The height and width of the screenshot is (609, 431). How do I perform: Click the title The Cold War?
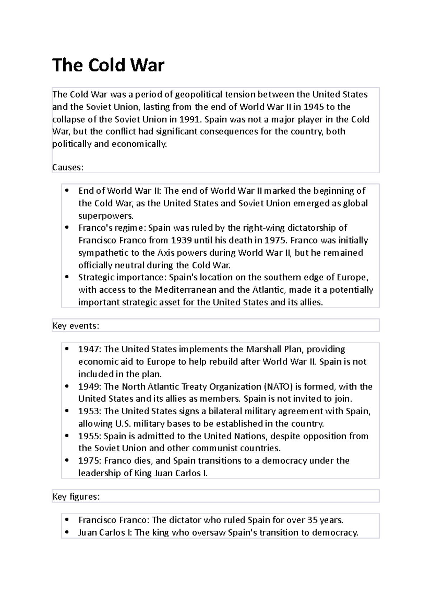click(x=108, y=65)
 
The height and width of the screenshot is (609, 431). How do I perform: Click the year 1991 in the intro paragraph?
click(x=188, y=119)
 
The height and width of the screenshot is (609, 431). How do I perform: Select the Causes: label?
click(x=68, y=167)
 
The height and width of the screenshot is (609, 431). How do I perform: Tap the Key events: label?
click(x=76, y=326)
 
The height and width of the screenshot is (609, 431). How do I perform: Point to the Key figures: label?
click(x=76, y=497)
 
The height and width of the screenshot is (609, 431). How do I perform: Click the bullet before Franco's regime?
click(x=67, y=228)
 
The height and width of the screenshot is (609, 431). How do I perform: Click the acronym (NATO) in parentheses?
click(x=278, y=387)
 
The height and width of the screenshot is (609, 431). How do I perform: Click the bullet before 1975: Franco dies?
click(x=67, y=461)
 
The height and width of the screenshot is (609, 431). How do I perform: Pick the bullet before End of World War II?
click(x=67, y=191)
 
